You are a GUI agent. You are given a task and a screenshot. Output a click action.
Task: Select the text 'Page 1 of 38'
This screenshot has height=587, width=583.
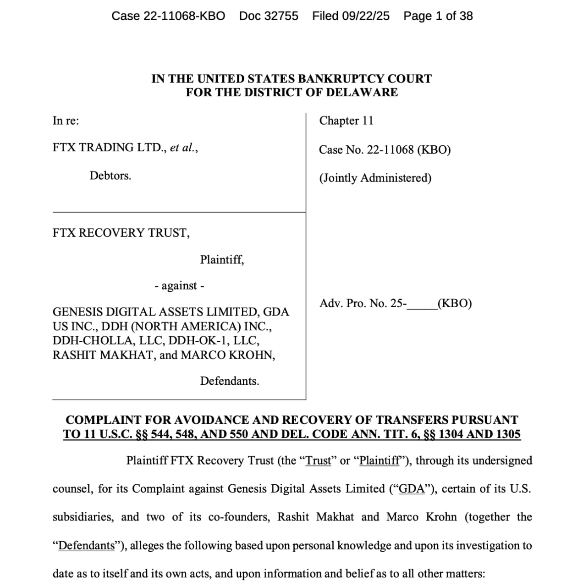(x=438, y=16)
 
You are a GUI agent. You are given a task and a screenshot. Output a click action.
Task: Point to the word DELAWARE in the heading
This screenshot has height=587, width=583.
(x=362, y=93)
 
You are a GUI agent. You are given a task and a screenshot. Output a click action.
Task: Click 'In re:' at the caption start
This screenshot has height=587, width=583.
(x=66, y=121)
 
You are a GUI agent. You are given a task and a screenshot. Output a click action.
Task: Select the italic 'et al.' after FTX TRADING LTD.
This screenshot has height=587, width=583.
(x=182, y=148)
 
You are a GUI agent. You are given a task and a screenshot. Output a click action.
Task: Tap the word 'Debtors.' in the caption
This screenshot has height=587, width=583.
(x=110, y=176)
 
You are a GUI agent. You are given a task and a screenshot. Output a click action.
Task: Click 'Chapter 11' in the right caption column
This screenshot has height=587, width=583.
(x=346, y=121)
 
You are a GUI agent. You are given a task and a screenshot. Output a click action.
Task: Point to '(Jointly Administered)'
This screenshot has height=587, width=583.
(x=375, y=178)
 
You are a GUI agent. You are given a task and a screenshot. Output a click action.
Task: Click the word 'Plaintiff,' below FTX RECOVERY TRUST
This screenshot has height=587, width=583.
(x=222, y=260)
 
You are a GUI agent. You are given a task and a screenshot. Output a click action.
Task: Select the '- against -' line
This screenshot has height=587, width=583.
(x=179, y=286)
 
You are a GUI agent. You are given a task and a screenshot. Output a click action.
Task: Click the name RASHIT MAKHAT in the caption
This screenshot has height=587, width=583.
(x=103, y=355)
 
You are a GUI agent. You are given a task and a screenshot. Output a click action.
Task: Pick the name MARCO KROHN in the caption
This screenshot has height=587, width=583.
(x=228, y=355)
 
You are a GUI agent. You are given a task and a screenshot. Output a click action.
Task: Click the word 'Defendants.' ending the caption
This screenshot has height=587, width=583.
(x=229, y=381)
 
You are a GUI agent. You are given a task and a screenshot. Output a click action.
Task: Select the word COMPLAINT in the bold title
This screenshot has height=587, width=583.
(x=103, y=420)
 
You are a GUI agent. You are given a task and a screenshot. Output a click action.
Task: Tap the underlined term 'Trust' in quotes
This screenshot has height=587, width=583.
(x=318, y=461)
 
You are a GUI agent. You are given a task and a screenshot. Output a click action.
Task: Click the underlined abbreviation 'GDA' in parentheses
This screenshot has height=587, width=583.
(x=412, y=489)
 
